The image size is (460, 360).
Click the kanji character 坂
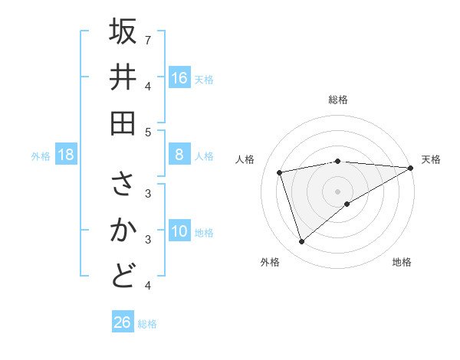(x=123, y=32)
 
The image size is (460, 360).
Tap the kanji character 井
(x=123, y=77)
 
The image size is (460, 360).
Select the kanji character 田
(x=123, y=123)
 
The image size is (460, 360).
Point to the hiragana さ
(x=123, y=185)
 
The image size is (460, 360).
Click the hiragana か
(x=123, y=231)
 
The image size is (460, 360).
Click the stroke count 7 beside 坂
(x=148, y=39)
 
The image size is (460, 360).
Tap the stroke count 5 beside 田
(x=148, y=132)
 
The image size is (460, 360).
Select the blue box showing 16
(x=179, y=78)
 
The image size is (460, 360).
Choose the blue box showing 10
(x=179, y=232)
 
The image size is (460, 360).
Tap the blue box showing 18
(x=67, y=155)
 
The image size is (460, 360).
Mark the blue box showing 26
(x=123, y=322)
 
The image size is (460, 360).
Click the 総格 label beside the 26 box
(x=147, y=324)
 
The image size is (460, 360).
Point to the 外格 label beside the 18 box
(x=41, y=156)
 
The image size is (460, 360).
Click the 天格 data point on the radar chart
(x=411, y=168)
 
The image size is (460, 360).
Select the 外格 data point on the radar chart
(x=301, y=242)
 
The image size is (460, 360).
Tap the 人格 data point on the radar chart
(x=280, y=172)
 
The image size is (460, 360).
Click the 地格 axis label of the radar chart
(x=402, y=263)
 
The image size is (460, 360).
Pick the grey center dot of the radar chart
(x=337, y=190)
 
